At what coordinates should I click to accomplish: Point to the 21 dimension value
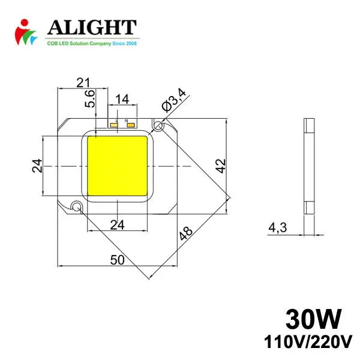[83, 82]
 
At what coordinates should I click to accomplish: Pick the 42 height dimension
[221, 166]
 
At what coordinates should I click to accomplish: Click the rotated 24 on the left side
[37, 166]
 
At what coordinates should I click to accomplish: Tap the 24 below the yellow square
[118, 224]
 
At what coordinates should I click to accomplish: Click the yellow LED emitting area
[118, 166]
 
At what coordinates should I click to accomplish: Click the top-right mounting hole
[158, 127]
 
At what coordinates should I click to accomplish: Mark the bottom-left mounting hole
[76, 206]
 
